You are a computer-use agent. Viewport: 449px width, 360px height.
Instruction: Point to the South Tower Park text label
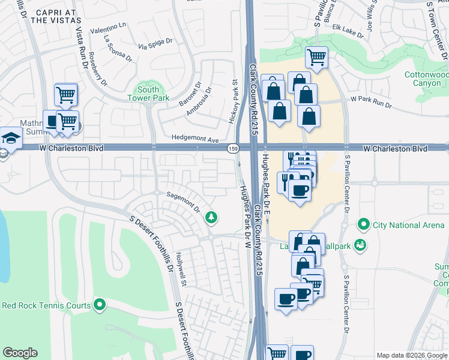(x=148, y=94)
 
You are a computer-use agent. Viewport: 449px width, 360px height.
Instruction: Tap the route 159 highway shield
(x=232, y=148)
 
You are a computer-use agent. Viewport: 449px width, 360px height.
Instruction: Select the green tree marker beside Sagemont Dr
(x=211, y=217)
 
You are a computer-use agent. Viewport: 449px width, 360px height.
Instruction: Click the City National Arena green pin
(x=363, y=225)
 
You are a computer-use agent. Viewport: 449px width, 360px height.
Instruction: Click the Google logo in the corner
(x=20, y=353)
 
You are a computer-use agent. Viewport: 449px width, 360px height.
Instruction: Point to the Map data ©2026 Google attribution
(x=412, y=355)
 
